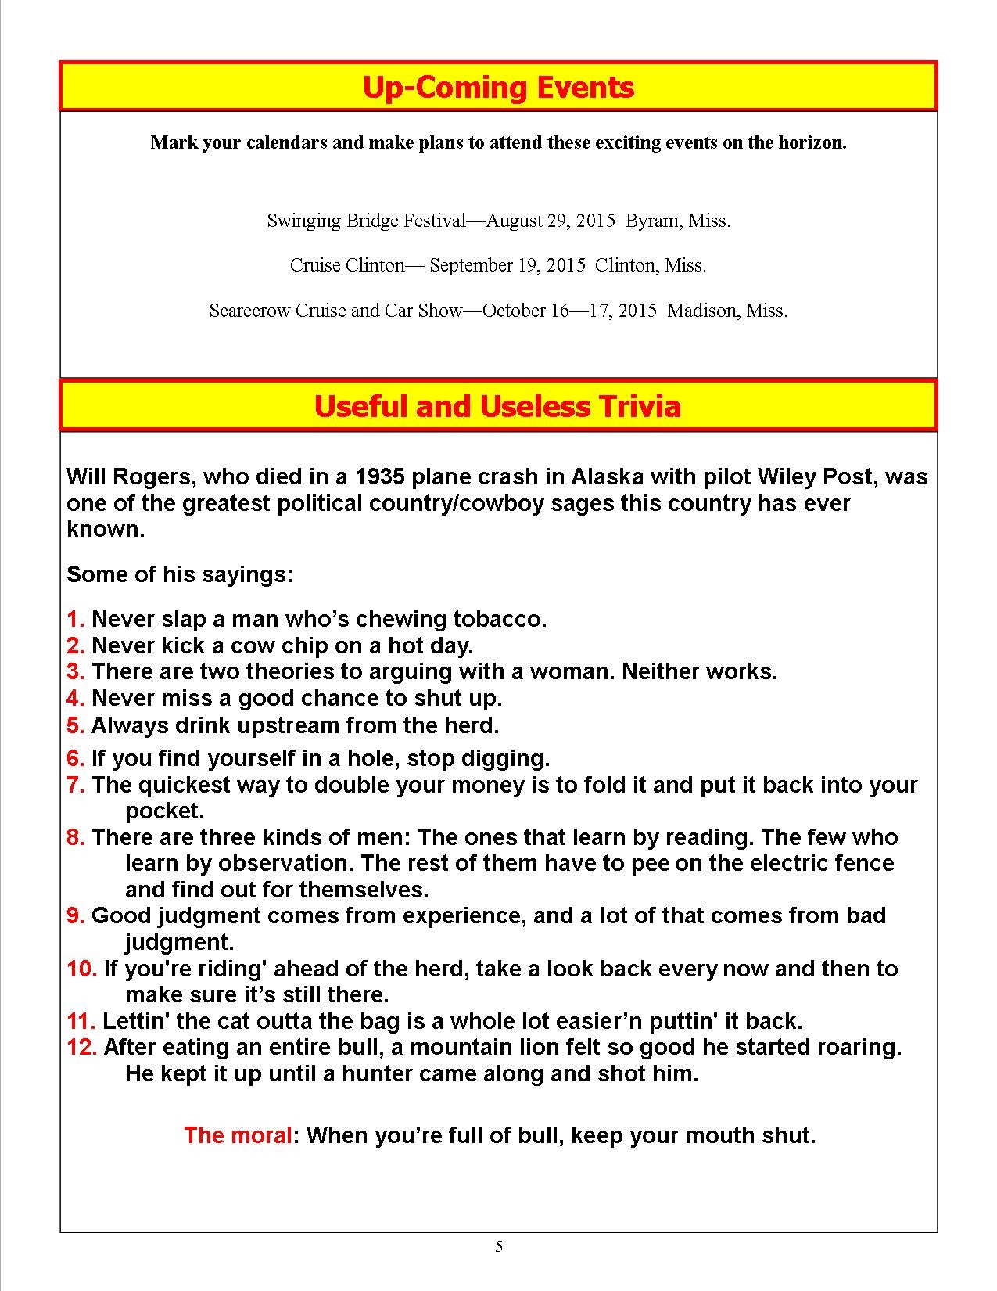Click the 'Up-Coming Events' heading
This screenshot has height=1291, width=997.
point(498,87)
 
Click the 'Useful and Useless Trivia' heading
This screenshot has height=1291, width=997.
point(497,406)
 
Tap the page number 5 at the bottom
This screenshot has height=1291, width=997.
point(499,1247)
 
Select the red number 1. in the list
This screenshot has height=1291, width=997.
point(75,620)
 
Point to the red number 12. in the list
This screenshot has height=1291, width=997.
point(81,1047)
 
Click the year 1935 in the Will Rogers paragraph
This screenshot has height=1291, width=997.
point(379,476)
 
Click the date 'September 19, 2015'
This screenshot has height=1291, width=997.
point(507,265)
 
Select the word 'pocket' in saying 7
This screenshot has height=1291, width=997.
point(162,811)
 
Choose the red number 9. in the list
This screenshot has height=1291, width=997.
point(75,915)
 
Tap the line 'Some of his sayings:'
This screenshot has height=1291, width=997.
point(180,574)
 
